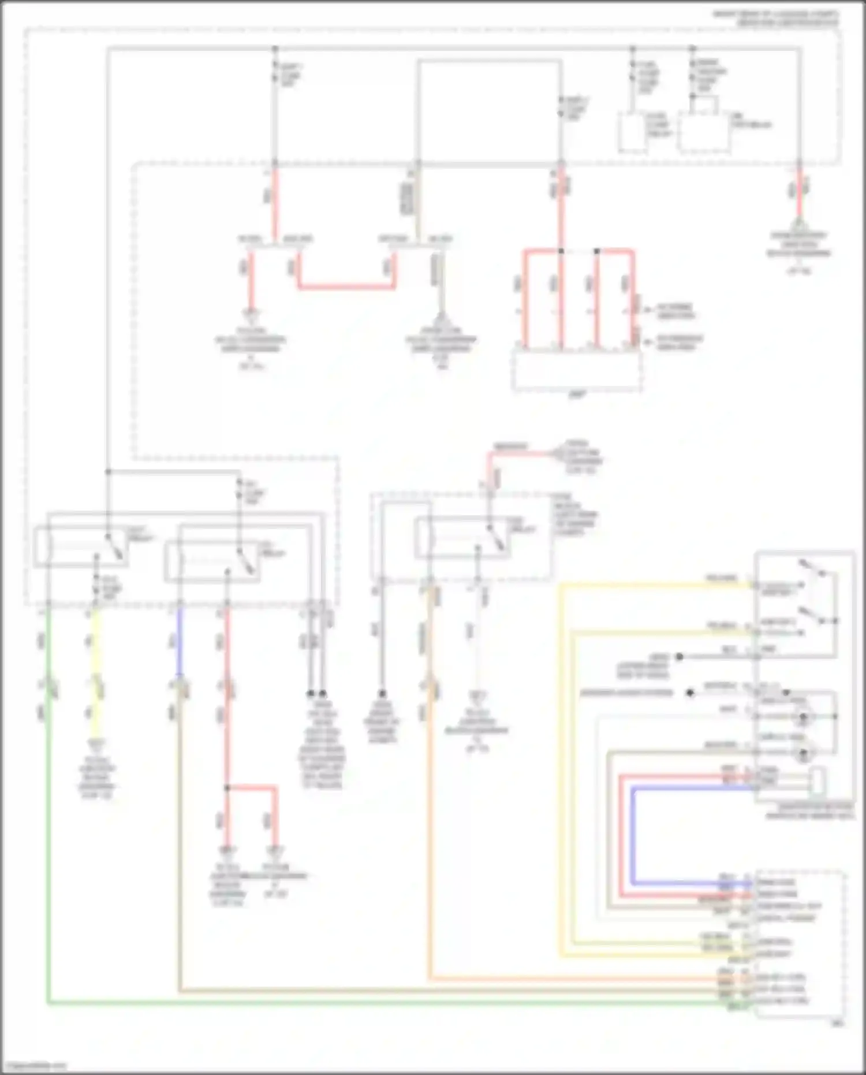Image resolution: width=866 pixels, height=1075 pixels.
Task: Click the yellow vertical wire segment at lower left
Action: coord(94,653)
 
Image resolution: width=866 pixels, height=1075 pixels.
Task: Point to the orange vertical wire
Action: coord(430,809)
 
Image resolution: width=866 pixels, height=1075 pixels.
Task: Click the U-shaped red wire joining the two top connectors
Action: coord(346,286)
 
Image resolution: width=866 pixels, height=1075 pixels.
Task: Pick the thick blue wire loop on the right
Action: coord(633,838)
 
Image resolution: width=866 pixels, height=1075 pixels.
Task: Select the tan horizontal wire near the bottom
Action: coord(404,991)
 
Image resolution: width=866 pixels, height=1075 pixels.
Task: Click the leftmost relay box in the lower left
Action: coord(81,546)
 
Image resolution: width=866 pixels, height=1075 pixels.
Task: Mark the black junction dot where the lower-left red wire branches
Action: coord(227,788)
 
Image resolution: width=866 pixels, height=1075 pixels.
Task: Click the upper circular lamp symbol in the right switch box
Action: coord(802,716)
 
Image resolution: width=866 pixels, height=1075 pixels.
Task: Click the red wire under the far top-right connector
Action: coord(799,194)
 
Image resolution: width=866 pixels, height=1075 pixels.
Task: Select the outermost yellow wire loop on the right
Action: coord(560,751)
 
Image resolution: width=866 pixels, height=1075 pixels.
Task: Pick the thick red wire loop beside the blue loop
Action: coord(622,838)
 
